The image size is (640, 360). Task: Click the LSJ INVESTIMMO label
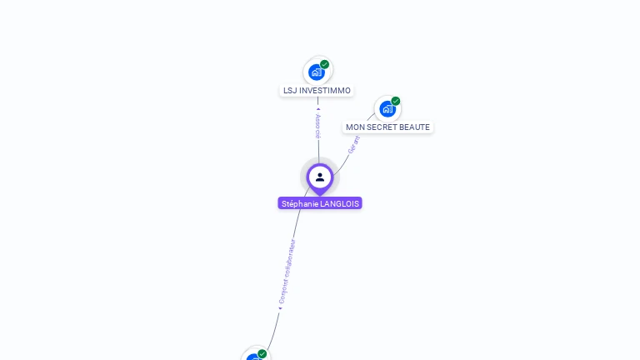[x=317, y=90]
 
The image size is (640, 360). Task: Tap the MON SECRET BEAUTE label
[x=387, y=127]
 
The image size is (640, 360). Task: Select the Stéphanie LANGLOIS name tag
[x=320, y=203]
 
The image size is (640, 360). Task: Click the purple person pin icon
[x=320, y=177]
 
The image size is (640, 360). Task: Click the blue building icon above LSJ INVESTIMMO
[x=317, y=72]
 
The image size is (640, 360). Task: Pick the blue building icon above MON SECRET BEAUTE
[x=387, y=109]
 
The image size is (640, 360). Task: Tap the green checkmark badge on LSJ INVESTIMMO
[x=325, y=64]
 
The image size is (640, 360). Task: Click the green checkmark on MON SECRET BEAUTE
[x=396, y=101]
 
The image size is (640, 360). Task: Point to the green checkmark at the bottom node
[x=262, y=353]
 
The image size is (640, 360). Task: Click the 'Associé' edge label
[x=317, y=126]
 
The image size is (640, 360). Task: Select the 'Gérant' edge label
[x=353, y=144]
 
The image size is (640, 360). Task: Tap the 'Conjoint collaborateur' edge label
[x=287, y=272]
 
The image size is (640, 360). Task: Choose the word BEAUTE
[x=416, y=127]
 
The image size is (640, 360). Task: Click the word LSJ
[x=290, y=90]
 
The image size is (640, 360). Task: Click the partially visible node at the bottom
[x=254, y=356]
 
